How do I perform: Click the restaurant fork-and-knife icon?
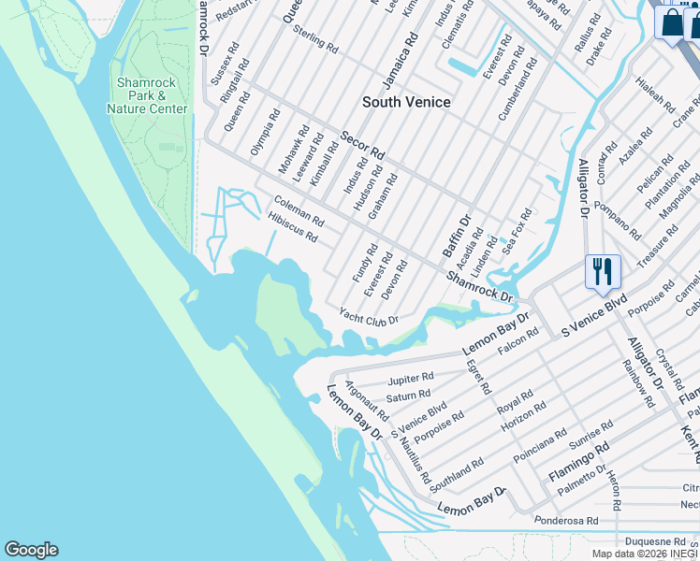click(603, 272)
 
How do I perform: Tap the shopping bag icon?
click(672, 22)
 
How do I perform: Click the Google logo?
click(31, 550)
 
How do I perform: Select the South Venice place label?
click(406, 102)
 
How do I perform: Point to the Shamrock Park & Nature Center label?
click(147, 95)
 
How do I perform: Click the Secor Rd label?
click(362, 144)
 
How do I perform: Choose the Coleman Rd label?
click(299, 211)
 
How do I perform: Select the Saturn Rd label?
click(408, 396)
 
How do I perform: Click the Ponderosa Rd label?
click(564, 519)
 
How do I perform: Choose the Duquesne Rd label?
click(654, 540)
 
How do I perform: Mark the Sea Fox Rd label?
click(517, 232)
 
